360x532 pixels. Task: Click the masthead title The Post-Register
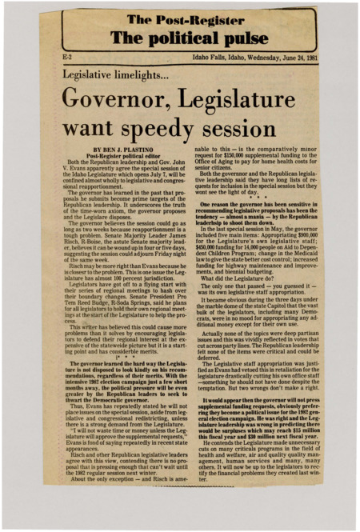179,19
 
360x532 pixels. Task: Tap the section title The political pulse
179,38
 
